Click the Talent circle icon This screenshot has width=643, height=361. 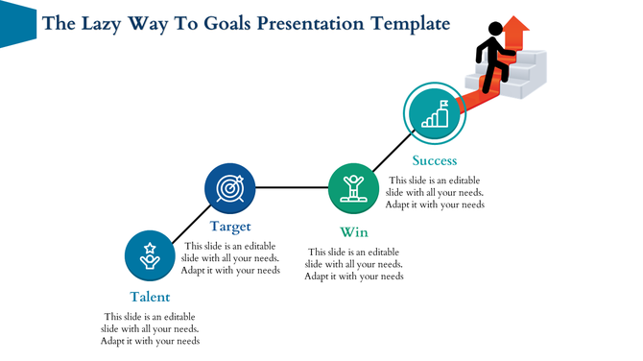(149, 255)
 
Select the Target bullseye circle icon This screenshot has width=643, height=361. (230, 188)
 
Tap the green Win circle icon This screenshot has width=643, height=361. (353, 187)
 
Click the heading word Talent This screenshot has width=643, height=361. (150, 297)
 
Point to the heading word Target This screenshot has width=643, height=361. (230, 228)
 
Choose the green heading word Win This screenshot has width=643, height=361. (353, 232)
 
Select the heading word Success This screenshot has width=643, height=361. (434, 160)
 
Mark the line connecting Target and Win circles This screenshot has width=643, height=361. (292, 187)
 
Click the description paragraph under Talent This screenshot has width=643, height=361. (150, 328)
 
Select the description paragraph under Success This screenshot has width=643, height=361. (434, 192)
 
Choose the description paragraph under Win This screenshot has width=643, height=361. (353, 264)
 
